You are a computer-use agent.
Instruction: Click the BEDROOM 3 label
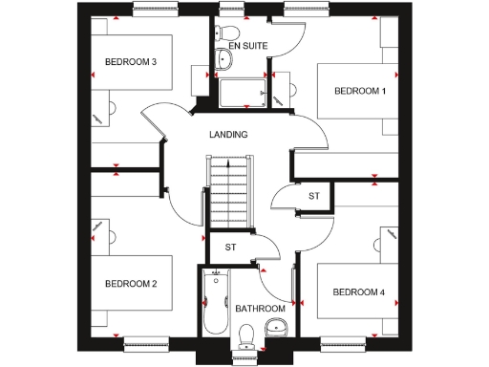[x=130, y=63]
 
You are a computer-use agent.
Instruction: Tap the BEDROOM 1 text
[x=359, y=91]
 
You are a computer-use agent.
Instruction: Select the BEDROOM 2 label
[x=130, y=284]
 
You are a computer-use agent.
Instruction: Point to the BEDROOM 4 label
[x=358, y=291]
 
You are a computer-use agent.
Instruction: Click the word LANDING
[x=228, y=135]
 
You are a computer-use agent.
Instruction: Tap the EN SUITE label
[x=247, y=45]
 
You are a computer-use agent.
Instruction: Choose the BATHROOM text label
[x=261, y=309]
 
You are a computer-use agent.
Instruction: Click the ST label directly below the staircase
[x=230, y=248]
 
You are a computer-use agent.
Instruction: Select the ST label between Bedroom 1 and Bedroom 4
[x=313, y=196]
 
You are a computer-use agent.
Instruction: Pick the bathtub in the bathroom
[x=216, y=304]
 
